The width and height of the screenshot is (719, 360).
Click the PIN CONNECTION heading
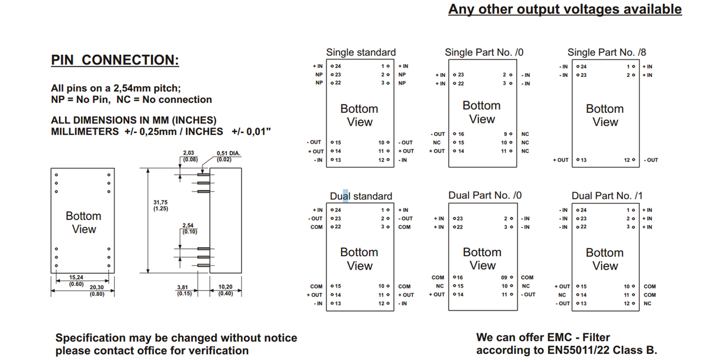click(x=115, y=60)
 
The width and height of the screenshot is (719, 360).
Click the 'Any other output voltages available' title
click(x=565, y=9)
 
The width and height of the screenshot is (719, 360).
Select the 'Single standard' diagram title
click(x=361, y=52)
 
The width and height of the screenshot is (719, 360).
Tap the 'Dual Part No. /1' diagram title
click(x=607, y=195)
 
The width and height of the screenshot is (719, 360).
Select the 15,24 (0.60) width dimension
click(x=76, y=280)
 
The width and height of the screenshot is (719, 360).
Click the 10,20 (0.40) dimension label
click(x=226, y=290)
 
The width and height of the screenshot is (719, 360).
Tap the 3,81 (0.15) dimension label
click(x=184, y=290)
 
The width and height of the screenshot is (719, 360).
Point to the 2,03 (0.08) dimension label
click(x=190, y=156)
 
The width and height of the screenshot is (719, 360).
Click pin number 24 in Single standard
click(x=338, y=66)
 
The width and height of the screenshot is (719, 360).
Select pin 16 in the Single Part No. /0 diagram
click(x=461, y=134)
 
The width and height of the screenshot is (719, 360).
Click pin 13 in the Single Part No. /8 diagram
click(x=584, y=160)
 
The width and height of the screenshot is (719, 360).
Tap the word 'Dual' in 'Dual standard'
click(x=340, y=196)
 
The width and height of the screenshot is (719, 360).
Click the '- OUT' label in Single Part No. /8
click(x=650, y=160)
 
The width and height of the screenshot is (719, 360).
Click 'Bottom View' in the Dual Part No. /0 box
click(x=482, y=258)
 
